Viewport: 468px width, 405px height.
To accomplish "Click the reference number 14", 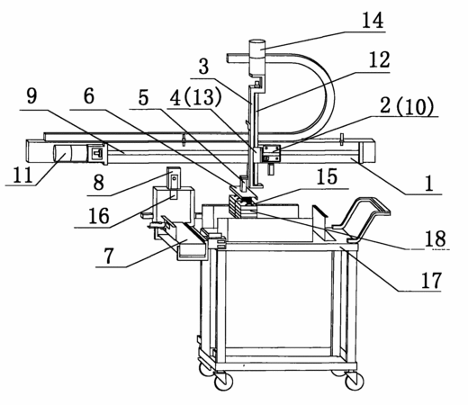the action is (373, 21).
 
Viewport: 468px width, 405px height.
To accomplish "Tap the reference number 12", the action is (379, 59).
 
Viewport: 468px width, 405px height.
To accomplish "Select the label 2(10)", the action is (407, 106).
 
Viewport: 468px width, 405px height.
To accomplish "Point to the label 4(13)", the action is (195, 97).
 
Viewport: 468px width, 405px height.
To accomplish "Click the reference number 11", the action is (23, 175).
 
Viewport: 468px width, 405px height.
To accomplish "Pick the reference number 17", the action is (431, 280).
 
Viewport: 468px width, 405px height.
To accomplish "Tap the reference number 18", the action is (436, 238).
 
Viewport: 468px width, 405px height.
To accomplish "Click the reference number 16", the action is (99, 216).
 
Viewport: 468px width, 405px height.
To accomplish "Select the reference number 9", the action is (31, 96).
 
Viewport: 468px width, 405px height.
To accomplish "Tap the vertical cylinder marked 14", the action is (257, 57).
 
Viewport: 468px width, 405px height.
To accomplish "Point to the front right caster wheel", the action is (355, 382).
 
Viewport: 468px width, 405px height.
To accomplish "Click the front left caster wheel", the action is (224, 382).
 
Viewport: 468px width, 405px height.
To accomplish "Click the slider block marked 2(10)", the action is (272, 154).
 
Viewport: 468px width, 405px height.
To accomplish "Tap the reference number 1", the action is (429, 184).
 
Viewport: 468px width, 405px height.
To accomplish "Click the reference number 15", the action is (327, 176).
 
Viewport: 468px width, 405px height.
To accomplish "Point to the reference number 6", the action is (89, 96).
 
